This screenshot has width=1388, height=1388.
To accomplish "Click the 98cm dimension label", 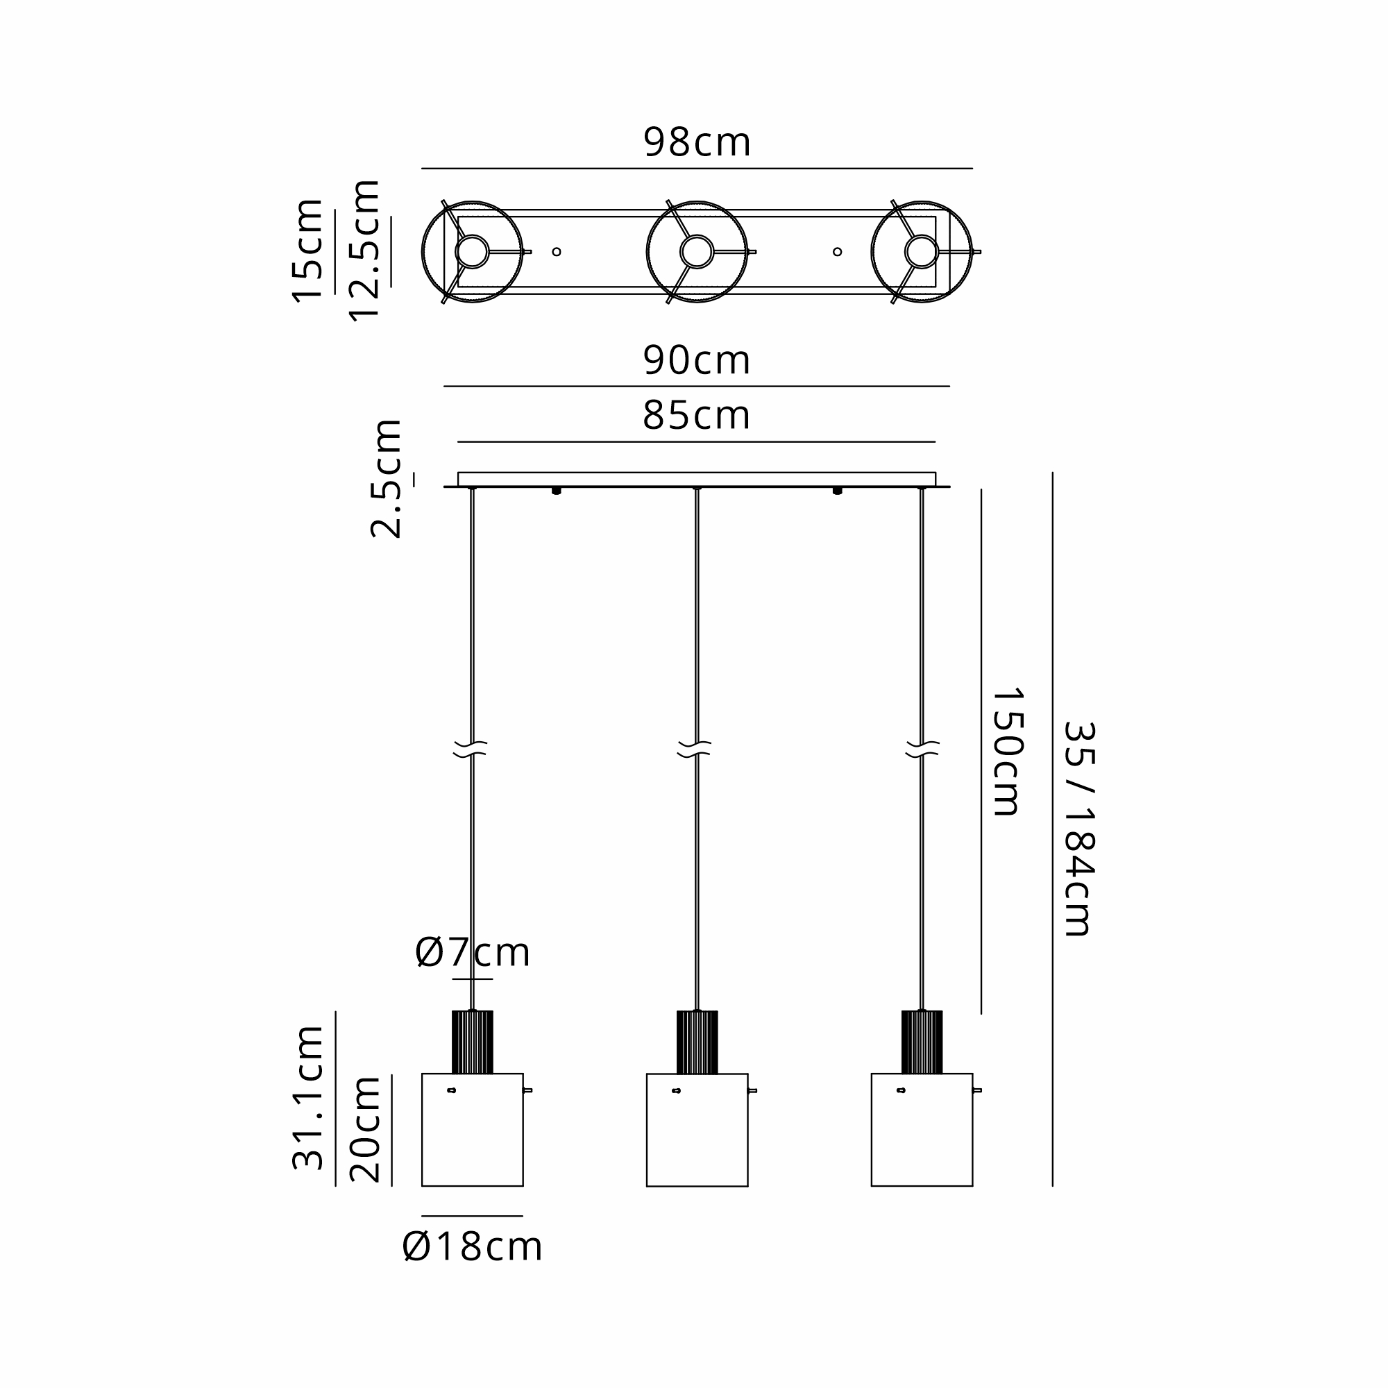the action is (x=697, y=142).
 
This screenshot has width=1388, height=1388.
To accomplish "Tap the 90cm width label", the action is (x=697, y=360).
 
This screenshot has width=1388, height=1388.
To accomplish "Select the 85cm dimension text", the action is (x=697, y=415).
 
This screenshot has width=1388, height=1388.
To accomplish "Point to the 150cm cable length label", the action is (x=1007, y=752).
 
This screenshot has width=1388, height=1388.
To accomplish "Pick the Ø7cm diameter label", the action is (x=473, y=953).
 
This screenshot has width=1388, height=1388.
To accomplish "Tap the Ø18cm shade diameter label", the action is (x=472, y=1246).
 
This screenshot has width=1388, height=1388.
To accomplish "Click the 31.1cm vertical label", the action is (x=308, y=1098).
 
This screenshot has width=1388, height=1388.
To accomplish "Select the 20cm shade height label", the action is (x=365, y=1129).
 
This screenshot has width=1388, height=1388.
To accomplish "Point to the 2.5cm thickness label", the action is (x=386, y=478).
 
